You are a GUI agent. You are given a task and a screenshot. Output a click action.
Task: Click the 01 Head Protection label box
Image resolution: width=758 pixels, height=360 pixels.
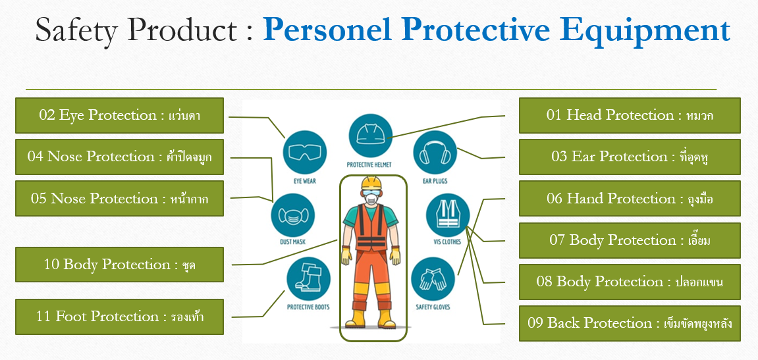pyautogui.click(x=630, y=115)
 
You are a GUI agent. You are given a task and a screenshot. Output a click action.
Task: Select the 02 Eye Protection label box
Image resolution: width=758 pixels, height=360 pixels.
pyautogui.click(x=119, y=115)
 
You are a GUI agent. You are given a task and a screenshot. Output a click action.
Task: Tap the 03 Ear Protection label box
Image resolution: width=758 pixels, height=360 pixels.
pyautogui.click(x=630, y=157)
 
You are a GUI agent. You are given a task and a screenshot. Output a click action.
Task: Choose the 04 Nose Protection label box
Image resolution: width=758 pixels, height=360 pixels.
pyautogui.click(x=119, y=157)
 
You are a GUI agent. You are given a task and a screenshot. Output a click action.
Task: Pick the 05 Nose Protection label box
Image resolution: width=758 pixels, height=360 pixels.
pyautogui.click(x=119, y=199)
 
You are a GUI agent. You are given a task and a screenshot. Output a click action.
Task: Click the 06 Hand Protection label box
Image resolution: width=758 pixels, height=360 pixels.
pyautogui.click(x=630, y=199)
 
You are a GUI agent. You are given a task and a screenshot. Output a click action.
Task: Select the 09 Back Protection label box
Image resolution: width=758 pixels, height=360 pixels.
pyautogui.click(x=630, y=323)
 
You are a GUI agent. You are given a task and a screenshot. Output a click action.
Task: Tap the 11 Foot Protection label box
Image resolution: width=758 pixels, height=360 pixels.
pyautogui.click(x=119, y=317)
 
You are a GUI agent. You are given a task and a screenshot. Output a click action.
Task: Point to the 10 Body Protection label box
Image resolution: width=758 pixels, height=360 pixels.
pyautogui.click(x=119, y=265)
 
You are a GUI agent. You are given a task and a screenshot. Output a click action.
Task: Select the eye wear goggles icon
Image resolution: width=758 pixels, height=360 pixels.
pyautogui.click(x=304, y=152)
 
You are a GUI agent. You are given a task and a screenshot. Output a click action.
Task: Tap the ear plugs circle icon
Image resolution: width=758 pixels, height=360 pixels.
pyautogui.click(x=435, y=152)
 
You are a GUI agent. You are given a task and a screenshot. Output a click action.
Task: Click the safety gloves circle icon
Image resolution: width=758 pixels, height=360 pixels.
pyautogui.click(x=433, y=280)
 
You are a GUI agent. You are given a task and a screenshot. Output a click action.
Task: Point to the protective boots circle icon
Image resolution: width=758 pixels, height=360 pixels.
pyautogui.click(x=308, y=279)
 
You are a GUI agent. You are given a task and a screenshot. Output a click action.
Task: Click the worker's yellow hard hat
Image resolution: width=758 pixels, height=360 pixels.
pyautogui.click(x=371, y=183)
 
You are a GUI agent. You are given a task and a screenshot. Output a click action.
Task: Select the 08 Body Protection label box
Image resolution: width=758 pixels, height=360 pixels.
pyautogui.click(x=630, y=282)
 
